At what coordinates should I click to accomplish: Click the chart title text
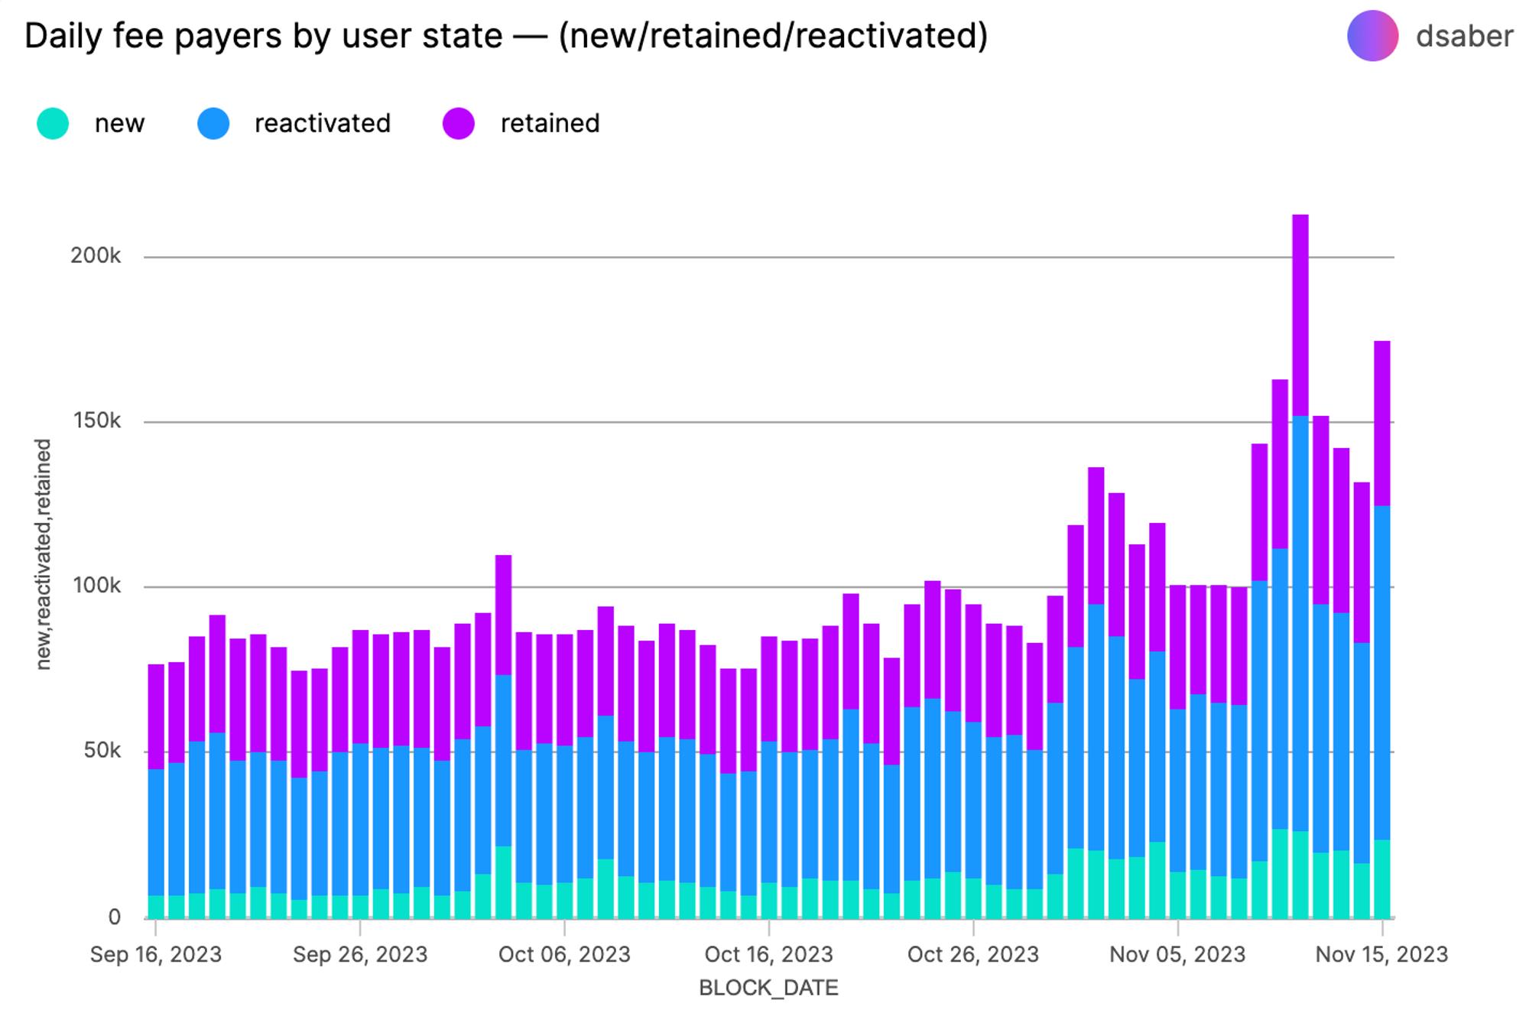coord(506,36)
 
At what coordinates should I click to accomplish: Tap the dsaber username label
coord(1463,36)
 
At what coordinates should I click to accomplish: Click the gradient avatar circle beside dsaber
coord(1372,36)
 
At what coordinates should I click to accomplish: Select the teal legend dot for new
coord(53,123)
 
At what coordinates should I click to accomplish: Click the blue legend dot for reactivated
coord(213,123)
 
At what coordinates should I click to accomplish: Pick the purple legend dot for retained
coord(459,123)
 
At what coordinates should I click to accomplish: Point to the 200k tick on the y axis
coord(96,256)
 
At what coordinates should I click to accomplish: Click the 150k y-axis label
coord(96,421)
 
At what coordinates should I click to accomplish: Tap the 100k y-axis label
coord(96,586)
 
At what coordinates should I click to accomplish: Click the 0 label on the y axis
coord(114,917)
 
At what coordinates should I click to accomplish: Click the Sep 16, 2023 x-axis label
coord(156,954)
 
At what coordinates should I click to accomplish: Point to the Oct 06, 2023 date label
coord(564,954)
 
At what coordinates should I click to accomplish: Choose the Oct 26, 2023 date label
coord(972,954)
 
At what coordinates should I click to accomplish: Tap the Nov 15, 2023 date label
coord(1381,954)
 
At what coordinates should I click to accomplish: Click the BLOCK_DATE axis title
coord(768,988)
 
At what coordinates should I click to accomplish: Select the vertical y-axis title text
coord(43,554)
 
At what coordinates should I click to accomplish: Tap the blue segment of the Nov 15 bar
coord(1381,673)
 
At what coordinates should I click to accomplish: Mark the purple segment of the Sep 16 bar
coord(156,716)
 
